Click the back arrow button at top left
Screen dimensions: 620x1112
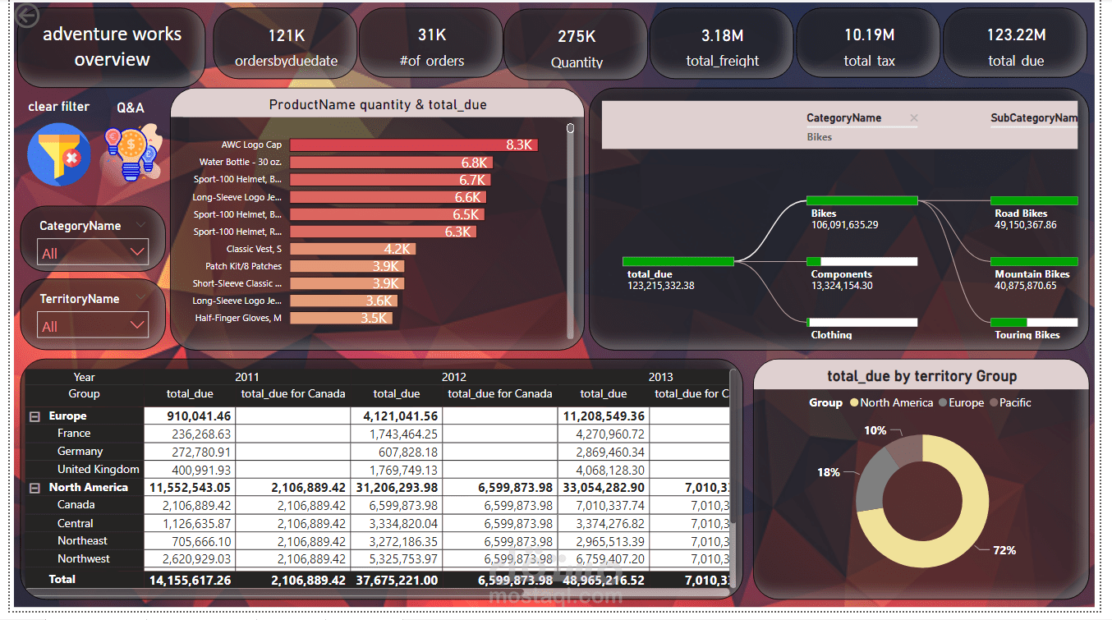(28, 16)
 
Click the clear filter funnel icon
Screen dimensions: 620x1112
(58, 154)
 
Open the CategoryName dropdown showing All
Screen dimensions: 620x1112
(93, 253)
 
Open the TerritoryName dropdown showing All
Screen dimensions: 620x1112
(93, 326)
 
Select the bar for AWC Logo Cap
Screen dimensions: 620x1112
(414, 145)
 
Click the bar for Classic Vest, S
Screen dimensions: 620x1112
(353, 249)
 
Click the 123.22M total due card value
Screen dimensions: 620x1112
(1016, 34)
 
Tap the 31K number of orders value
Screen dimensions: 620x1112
(432, 34)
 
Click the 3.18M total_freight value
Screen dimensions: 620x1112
(723, 34)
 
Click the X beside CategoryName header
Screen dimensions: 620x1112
(913, 118)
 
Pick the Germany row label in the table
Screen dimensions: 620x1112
(80, 451)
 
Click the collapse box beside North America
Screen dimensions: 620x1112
(35, 488)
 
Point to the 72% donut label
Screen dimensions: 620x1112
(1004, 550)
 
